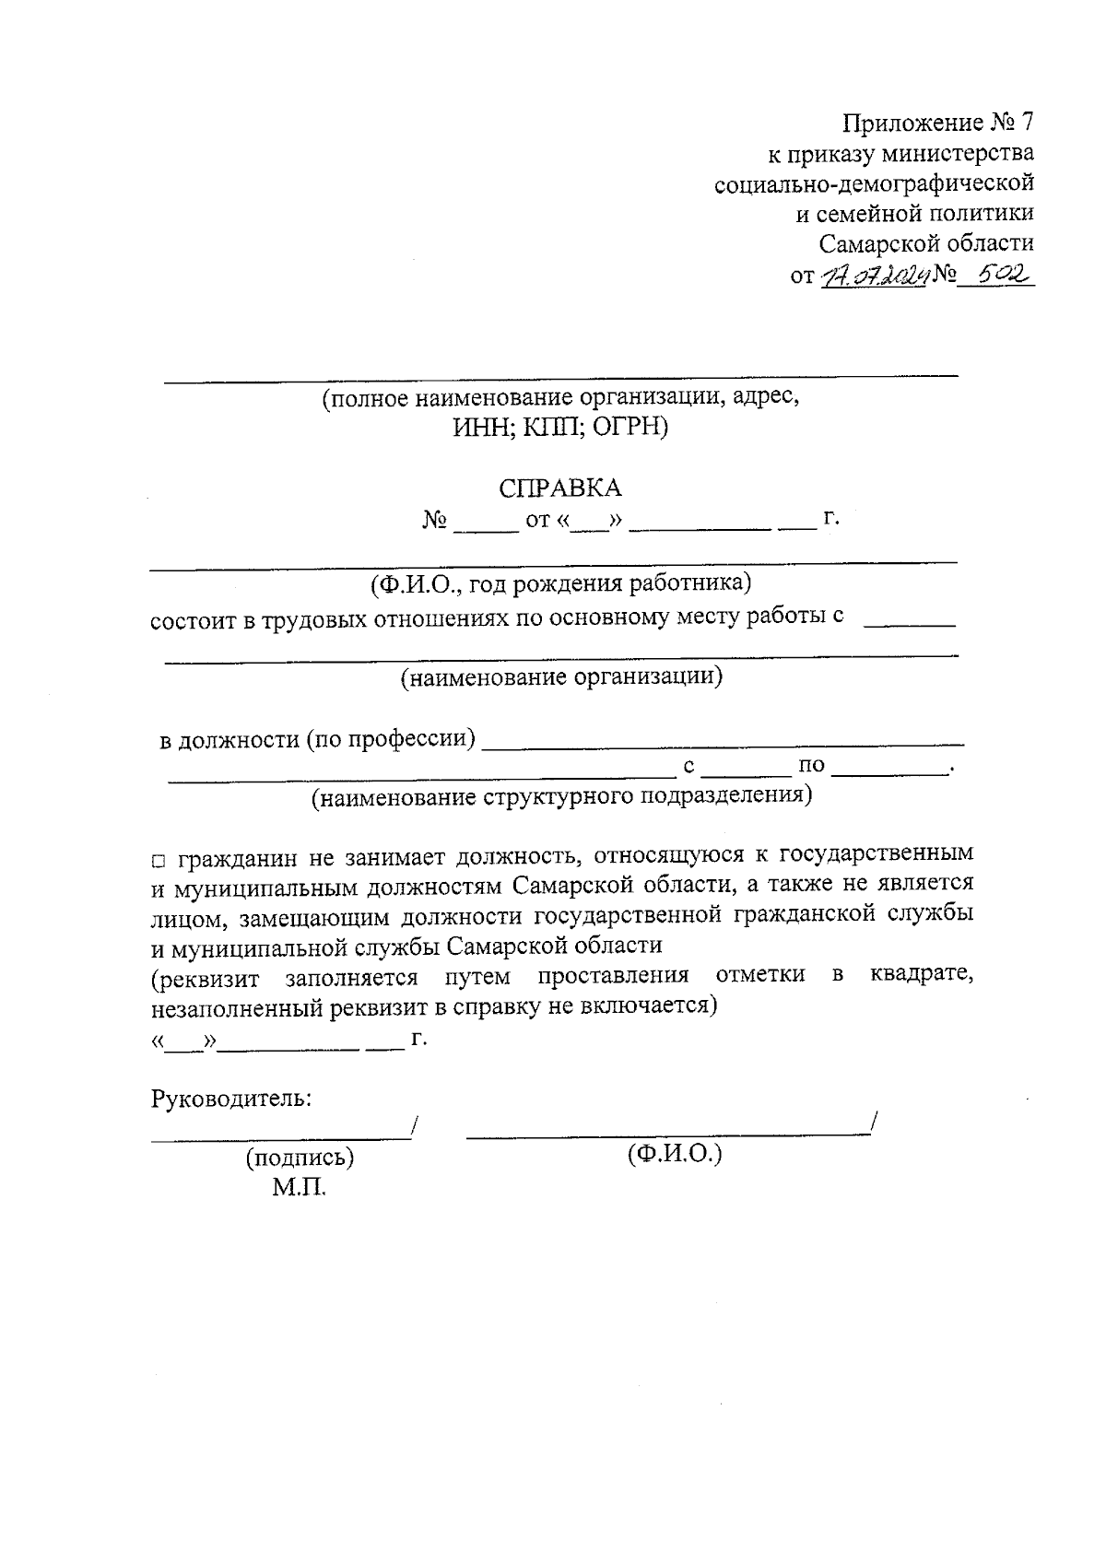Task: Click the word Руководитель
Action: (230, 1099)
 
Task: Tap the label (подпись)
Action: (299, 1158)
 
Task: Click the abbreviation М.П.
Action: (299, 1188)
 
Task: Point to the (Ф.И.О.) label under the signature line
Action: (674, 1154)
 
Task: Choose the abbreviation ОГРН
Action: (629, 429)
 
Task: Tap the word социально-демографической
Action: (874, 184)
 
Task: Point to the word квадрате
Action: (921, 975)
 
